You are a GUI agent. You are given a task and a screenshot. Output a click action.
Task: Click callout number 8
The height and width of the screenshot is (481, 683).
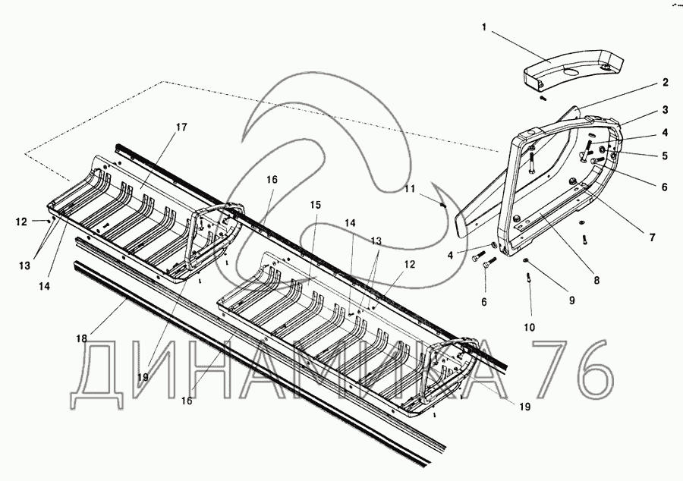pos(597,280)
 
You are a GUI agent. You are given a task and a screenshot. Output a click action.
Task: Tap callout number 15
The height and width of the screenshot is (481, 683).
pos(316,205)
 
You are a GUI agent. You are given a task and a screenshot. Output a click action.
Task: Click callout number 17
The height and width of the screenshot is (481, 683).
pos(181,127)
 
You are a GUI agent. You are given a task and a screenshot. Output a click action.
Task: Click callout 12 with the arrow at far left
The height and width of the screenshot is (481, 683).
pos(20,222)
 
